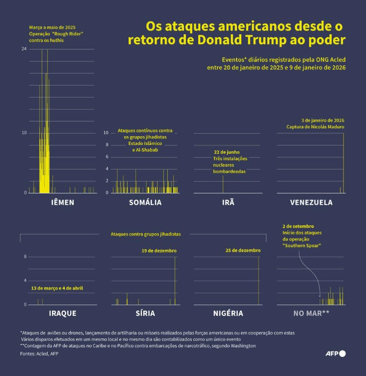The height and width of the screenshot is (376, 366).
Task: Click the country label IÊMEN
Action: [x=63, y=202]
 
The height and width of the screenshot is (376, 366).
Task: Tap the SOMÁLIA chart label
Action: [x=145, y=202]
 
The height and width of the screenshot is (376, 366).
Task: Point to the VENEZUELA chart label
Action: [x=311, y=202]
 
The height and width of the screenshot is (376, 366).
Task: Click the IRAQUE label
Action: [x=63, y=313]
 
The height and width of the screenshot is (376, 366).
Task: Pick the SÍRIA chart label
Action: [x=145, y=313]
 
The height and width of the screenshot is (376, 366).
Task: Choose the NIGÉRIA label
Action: [x=228, y=313]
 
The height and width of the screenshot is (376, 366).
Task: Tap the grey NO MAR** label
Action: [x=311, y=313]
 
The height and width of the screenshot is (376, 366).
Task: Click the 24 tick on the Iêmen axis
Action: [x=24, y=49]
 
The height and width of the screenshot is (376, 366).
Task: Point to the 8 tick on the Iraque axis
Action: [x=25, y=257]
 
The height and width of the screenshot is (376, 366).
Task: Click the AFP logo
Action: [x=336, y=353]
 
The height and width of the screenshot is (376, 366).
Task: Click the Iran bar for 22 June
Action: [x=223, y=184]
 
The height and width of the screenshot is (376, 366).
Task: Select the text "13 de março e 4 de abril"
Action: [x=57, y=288]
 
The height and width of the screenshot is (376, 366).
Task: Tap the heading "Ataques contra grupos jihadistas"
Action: [x=146, y=234]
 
